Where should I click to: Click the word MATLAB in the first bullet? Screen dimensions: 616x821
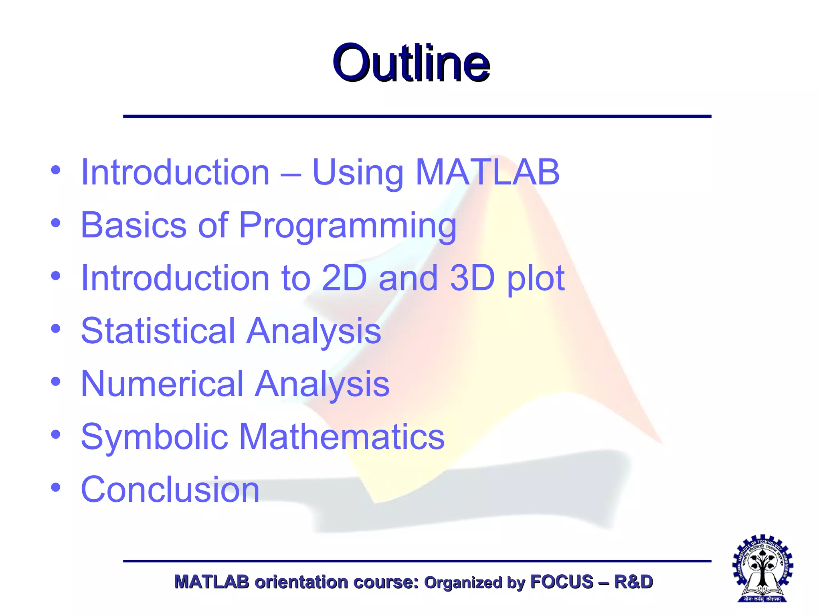coord(487,172)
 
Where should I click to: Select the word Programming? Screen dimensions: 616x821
coord(348,226)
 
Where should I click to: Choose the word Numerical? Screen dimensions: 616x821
coord(162,384)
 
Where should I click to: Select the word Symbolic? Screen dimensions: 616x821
coord(154,438)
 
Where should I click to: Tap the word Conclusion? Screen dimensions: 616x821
coord(170,490)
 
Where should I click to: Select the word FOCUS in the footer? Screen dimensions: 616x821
coord(561,582)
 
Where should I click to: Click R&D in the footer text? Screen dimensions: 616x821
coord(633,582)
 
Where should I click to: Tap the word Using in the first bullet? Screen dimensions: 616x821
coord(358,173)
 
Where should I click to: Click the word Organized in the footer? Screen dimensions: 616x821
coord(463,582)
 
